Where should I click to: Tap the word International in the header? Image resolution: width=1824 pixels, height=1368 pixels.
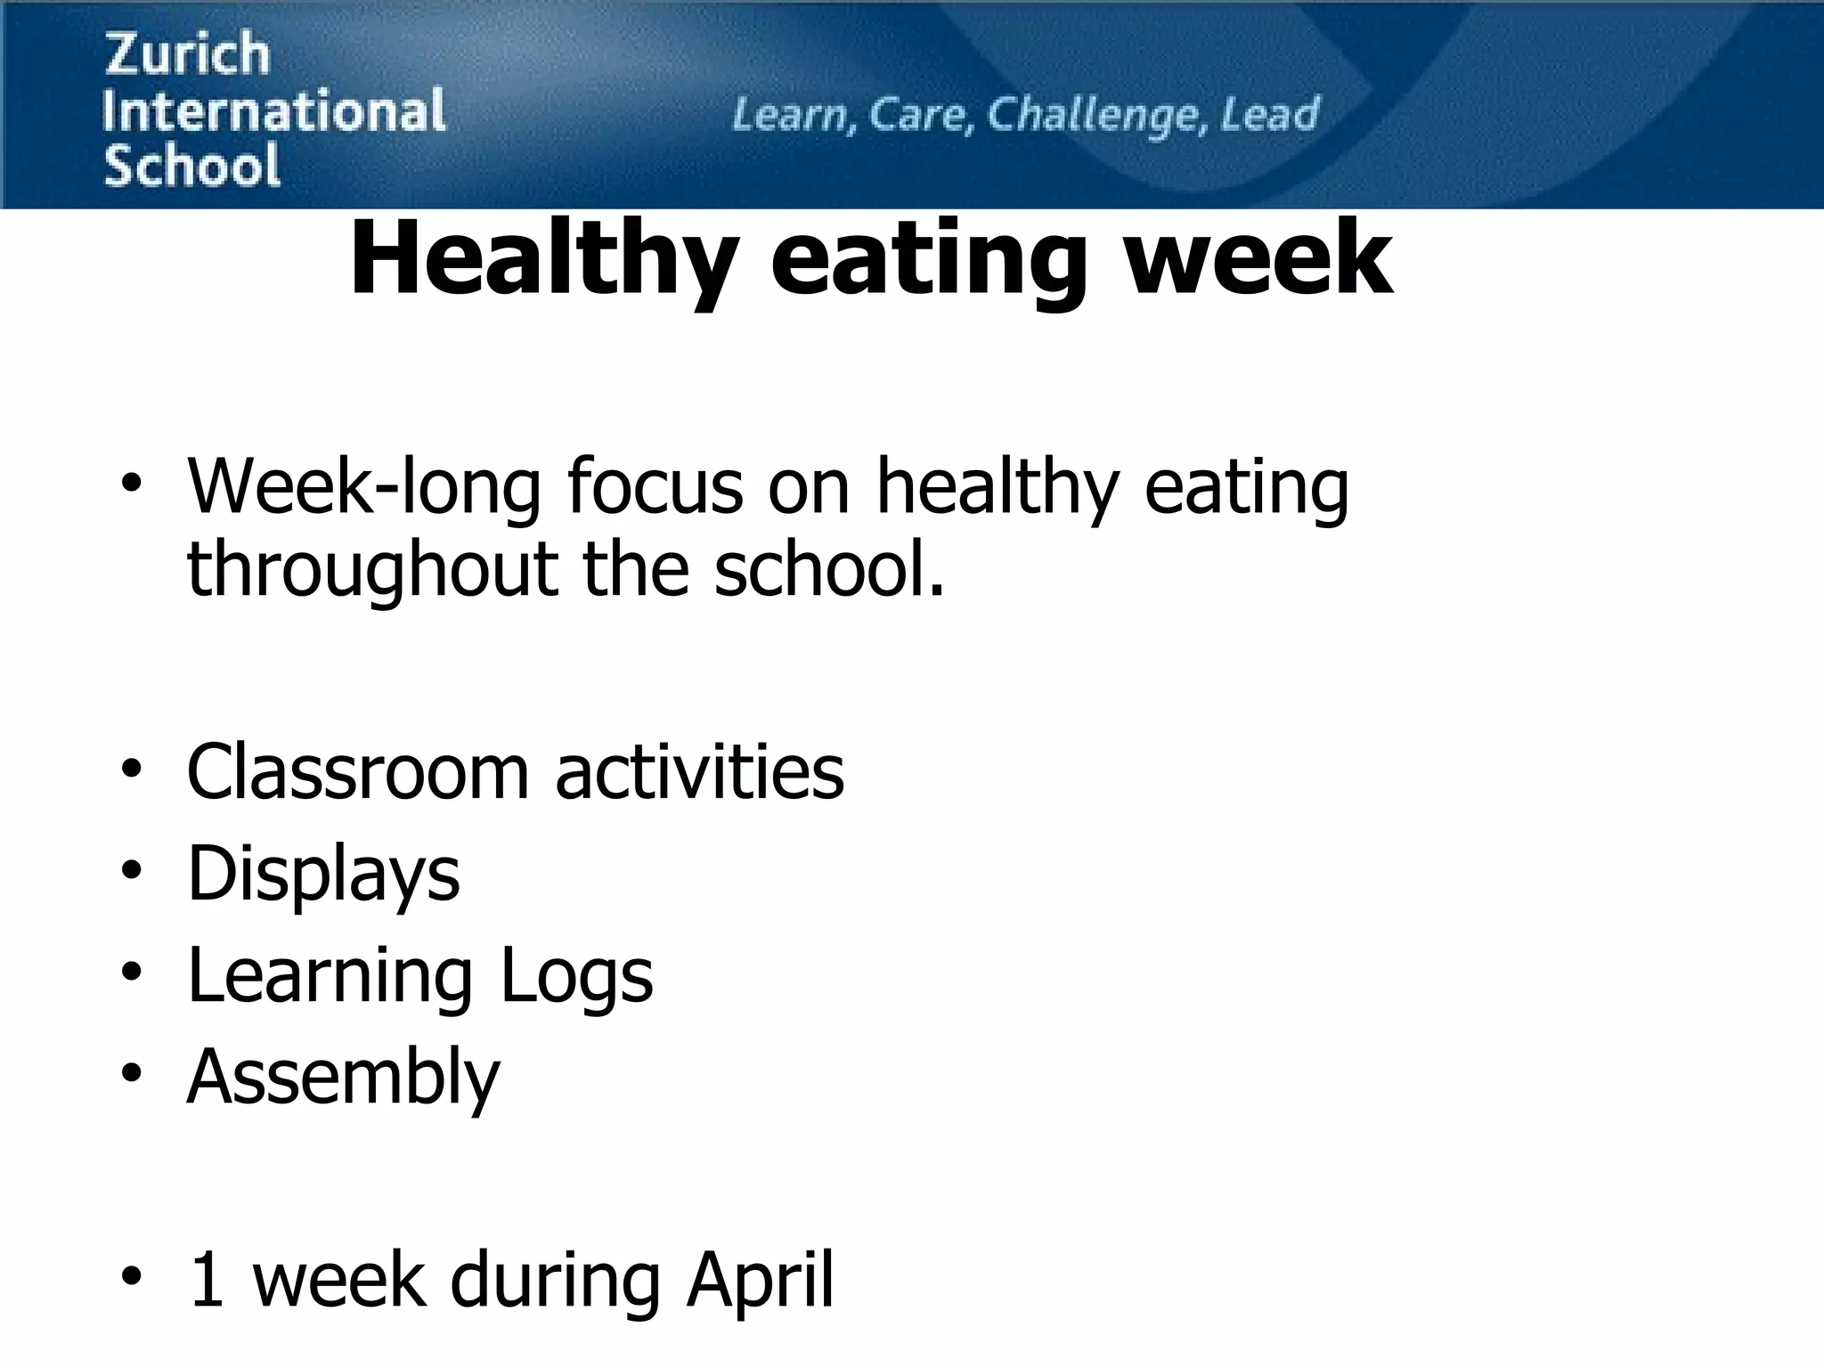(x=273, y=110)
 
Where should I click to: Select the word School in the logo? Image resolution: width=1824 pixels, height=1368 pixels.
(x=191, y=166)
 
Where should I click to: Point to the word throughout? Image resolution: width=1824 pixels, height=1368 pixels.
(x=371, y=571)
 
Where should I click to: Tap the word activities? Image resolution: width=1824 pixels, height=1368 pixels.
(x=699, y=772)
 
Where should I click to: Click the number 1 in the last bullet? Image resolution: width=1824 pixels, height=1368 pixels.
(x=207, y=1281)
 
